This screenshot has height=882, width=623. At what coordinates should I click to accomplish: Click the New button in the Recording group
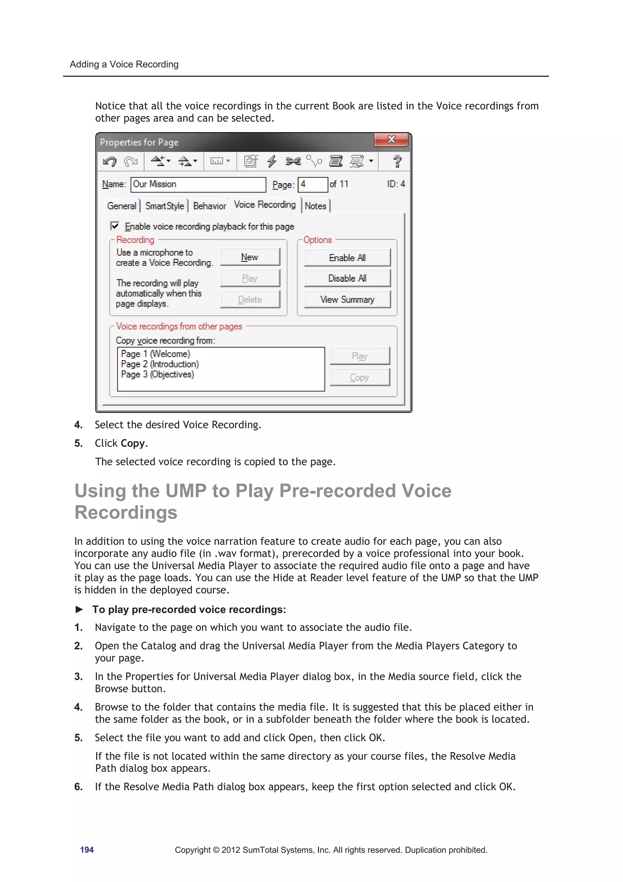249,257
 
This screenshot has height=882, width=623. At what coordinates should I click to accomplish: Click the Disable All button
347,278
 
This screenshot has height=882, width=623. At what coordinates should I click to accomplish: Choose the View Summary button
347,299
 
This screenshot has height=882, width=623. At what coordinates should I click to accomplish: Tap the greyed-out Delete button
249,299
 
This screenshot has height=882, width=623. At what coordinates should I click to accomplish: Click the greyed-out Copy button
359,377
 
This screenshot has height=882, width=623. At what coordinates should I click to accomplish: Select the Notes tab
315,206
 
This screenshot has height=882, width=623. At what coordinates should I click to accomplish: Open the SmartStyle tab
164,206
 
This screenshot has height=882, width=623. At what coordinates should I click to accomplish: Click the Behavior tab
209,206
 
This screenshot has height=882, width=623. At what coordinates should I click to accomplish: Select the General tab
121,206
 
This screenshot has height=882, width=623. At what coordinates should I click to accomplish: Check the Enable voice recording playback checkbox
115,226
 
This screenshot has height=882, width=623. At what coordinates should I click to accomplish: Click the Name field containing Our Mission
198,184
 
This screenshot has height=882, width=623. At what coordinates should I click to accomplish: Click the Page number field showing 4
312,184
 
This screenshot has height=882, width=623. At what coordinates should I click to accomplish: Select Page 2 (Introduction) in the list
160,364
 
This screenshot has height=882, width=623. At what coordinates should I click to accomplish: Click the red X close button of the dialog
391,139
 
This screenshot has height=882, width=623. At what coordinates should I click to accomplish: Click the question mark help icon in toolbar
397,161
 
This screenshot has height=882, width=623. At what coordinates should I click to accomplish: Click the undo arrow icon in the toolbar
110,161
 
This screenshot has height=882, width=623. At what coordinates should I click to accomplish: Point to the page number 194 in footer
87,850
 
